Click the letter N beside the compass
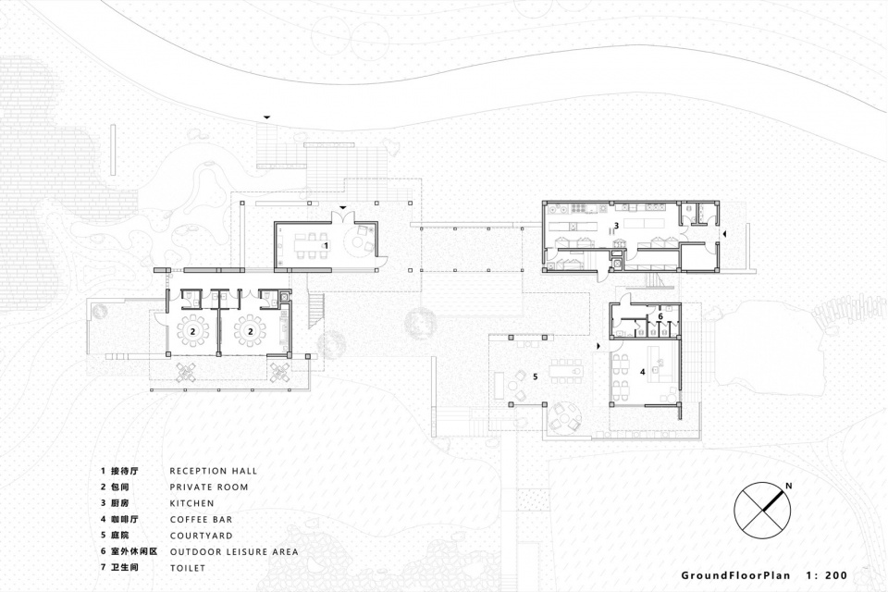click(788, 486)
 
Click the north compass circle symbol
click(763, 512)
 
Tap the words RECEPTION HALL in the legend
click(214, 471)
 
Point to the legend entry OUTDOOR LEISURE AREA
click(234, 551)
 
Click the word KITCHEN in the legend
click(192, 503)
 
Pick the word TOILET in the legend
click(188, 568)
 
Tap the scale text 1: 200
click(826, 575)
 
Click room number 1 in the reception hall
click(326, 245)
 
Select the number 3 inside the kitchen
click(616, 226)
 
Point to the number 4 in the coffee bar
click(642, 372)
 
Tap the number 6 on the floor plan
click(660, 315)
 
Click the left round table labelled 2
click(193, 331)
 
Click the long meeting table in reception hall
click(306, 245)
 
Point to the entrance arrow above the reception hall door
click(342, 208)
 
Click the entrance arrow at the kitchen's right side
click(724, 233)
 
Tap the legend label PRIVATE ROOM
click(209, 487)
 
